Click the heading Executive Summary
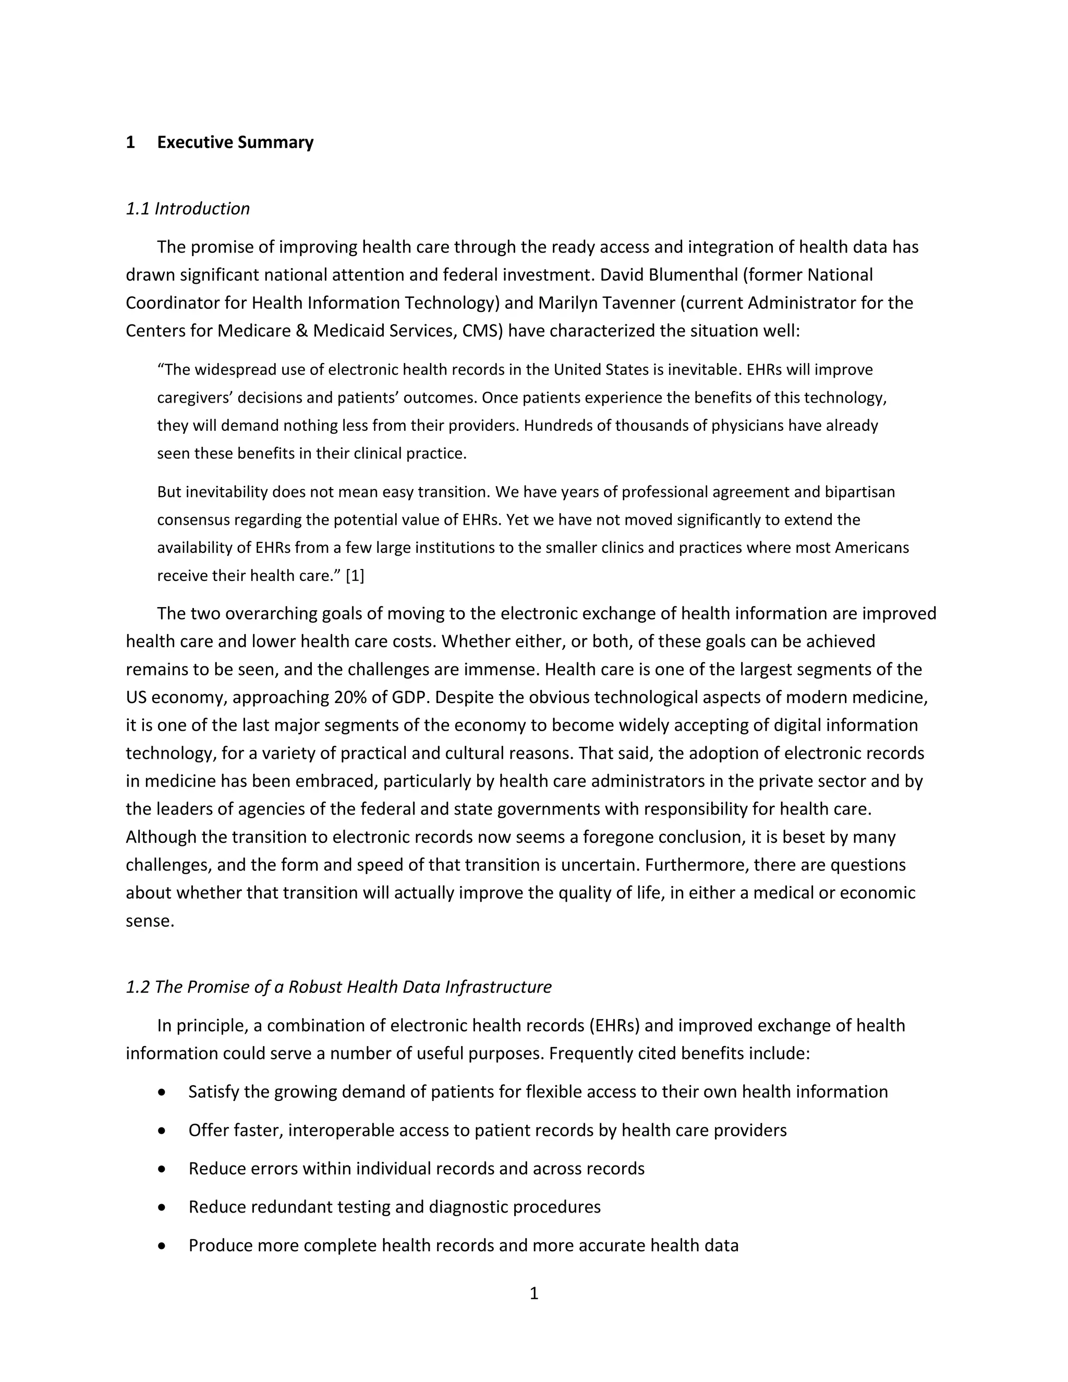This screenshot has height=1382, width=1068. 235,142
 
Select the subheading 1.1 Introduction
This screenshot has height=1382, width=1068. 187,209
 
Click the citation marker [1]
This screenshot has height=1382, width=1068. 355,576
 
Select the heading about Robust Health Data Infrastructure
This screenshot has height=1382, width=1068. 338,987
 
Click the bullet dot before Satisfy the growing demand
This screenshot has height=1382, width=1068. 163,1093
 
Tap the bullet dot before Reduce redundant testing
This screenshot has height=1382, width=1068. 163,1208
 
